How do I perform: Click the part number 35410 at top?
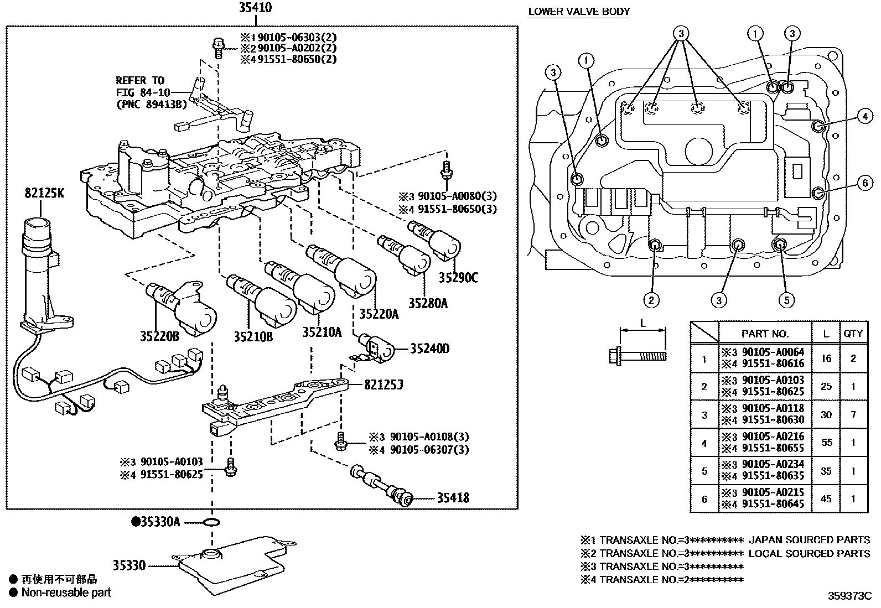click(x=255, y=8)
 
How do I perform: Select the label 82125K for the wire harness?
click(x=44, y=193)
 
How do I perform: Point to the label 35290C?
click(x=458, y=278)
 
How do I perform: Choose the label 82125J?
click(x=382, y=384)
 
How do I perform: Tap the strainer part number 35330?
click(x=129, y=565)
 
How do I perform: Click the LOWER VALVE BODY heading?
click(x=579, y=11)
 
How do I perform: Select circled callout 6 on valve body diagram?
click(x=865, y=183)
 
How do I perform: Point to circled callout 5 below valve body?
click(x=786, y=300)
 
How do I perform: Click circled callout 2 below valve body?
click(x=651, y=300)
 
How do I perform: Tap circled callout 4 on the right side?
click(x=865, y=116)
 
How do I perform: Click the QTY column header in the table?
click(x=853, y=333)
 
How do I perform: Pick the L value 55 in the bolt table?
click(x=826, y=443)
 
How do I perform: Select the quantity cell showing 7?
click(x=853, y=414)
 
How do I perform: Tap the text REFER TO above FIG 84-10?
click(x=139, y=80)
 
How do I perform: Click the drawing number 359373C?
click(x=849, y=596)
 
